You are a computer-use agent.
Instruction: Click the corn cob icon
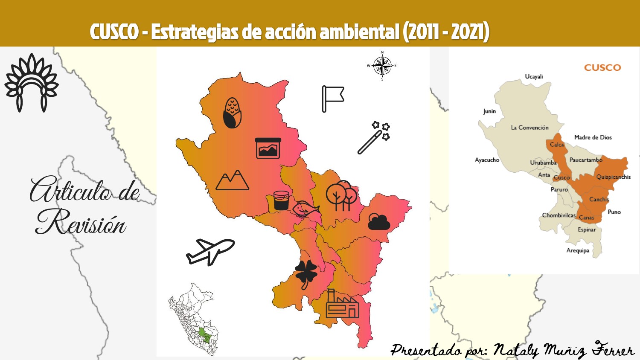click(233, 113)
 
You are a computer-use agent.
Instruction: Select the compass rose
click(382, 66)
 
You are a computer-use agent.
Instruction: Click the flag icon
click(332, 99)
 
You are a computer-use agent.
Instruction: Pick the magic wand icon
click(374, 137)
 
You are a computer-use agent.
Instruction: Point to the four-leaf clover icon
click(306, 273)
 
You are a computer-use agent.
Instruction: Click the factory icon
click(342, 304)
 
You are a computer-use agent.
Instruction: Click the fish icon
click(306, 209)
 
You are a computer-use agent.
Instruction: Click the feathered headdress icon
click(32, 82)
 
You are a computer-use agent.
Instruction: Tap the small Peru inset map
click(194, 319)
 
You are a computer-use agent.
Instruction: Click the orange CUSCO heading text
click(602, 67)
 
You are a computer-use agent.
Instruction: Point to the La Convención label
click(529, 128)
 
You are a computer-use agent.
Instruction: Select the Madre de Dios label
click(593, 137)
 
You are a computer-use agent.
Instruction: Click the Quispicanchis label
click(613, 177)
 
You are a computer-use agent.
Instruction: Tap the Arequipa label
click(578, 250)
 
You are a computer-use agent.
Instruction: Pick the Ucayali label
click(534, 77)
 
